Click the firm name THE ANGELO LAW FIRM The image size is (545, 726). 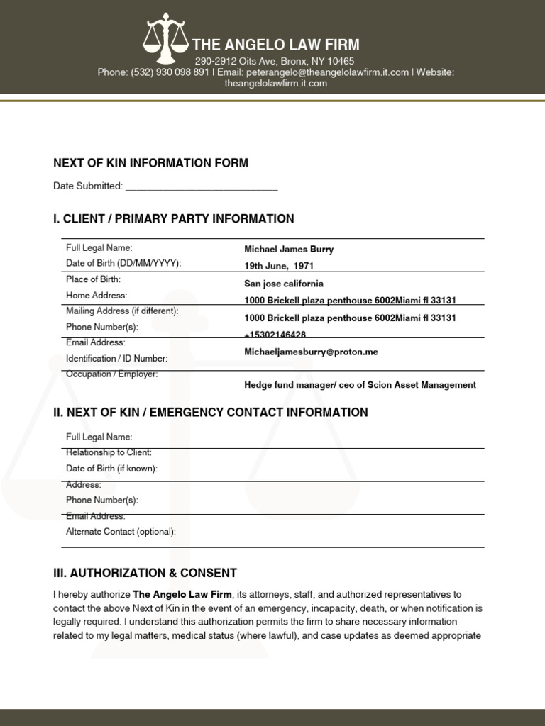(x=275, y=45)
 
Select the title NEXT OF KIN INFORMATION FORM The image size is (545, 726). (x=150, y=163)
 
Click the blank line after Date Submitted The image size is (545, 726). (x=202, y=186)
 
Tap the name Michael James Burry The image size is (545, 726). (x=289, y=250)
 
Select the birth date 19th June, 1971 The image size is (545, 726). (x=279, y=266)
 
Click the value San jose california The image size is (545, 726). (x=284, y=284)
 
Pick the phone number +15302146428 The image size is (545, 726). (x=275, y=334)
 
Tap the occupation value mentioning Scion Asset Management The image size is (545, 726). (x=360, y=385)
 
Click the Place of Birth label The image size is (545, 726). (x=93, y=279)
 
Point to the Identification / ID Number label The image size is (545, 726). (x=116, y=359)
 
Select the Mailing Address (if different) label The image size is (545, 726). (x=122, y=311)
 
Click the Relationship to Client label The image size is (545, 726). (x=109, y=452)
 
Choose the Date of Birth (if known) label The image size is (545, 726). (x=111, y=469)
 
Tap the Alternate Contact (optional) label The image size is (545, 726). (x=121, y=532)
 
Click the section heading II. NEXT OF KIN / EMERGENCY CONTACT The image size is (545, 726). (x=210, y=413)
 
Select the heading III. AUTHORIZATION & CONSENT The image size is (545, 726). (x=145, y=573)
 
